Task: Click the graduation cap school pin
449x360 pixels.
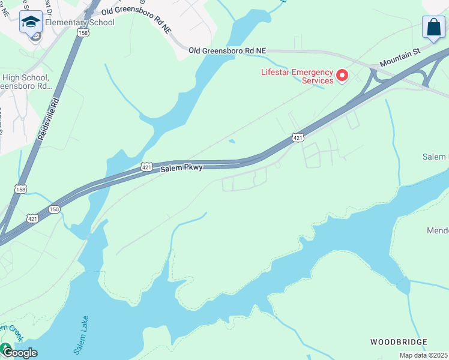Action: pos(31,22)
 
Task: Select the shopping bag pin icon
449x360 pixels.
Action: pos(433,28)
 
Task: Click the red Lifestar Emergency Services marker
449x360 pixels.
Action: pos(342,76)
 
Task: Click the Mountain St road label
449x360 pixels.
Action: pos(399,59)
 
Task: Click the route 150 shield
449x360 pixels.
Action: pos(55,209)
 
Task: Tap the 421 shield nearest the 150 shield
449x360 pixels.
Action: pos(33,218)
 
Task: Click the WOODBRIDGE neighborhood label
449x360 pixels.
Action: pos(398,342)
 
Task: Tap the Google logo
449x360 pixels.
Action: pos(19,352)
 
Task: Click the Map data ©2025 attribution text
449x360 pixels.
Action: pos(423,355)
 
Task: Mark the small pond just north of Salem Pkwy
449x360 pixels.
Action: pos(232,142)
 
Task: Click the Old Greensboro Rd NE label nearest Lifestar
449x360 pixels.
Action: pos(226,52)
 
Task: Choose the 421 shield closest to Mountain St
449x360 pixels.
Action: pos(297,138)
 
